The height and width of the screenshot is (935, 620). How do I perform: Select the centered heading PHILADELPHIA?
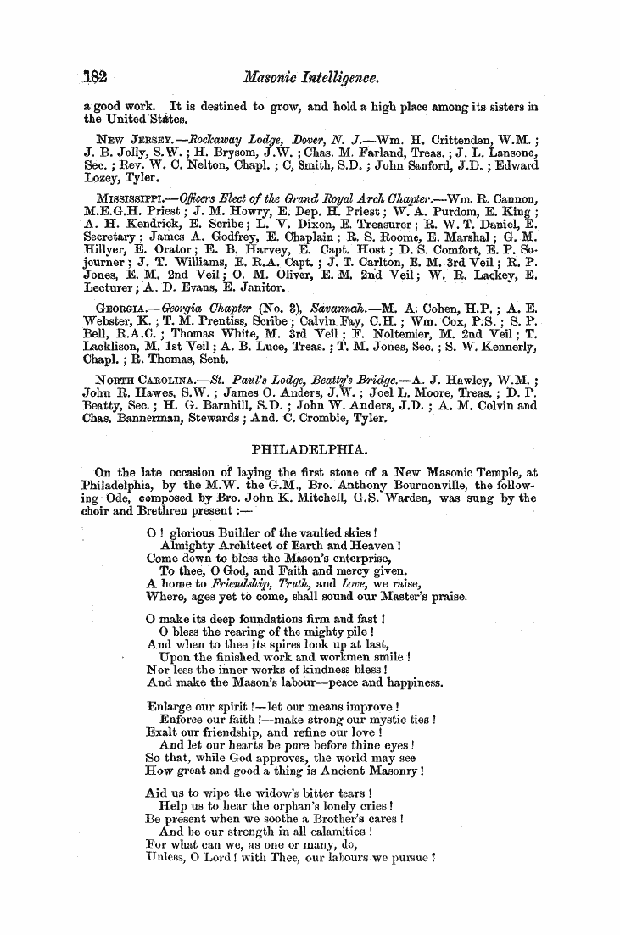point(310,448)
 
